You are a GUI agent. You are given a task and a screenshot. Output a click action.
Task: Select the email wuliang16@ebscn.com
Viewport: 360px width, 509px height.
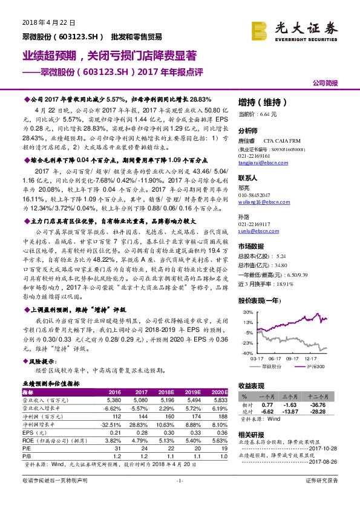coord(259,204)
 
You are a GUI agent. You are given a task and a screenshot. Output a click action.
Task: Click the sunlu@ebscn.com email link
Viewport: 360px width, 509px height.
coord(254,230)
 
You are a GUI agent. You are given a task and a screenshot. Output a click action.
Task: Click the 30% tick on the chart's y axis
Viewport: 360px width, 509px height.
coord(247,312)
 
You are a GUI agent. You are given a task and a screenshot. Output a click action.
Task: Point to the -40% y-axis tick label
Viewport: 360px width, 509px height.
coord(246,352)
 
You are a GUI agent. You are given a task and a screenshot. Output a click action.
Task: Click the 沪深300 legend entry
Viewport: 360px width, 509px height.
coord(313,366)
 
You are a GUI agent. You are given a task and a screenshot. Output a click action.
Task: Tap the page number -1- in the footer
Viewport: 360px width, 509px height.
coord(179,497)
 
